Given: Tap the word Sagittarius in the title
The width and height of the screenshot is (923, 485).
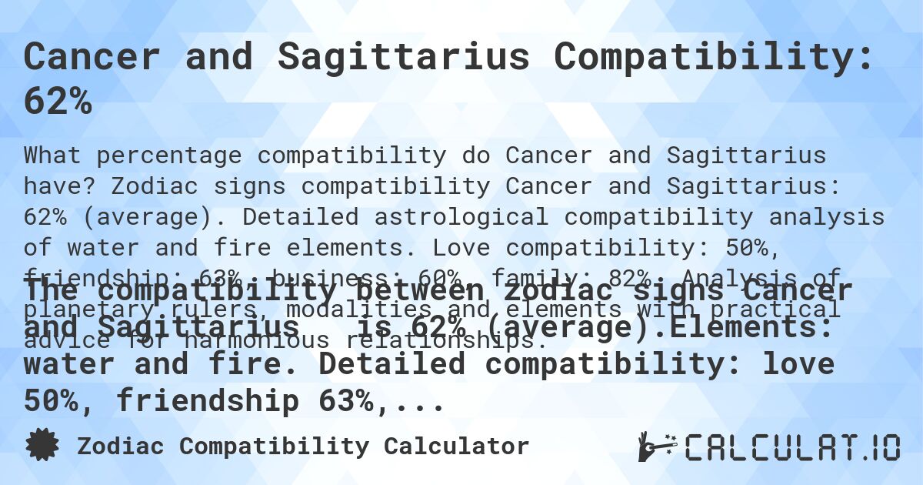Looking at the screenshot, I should pos(404,57).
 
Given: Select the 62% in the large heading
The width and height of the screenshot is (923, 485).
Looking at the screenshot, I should pos(58,102).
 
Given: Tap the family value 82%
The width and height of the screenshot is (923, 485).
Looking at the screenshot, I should pos(649,279).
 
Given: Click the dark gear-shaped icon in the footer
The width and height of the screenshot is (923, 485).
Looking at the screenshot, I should pos(42,446).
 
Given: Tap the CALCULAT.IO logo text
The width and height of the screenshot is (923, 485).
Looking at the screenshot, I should pos(792,447).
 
